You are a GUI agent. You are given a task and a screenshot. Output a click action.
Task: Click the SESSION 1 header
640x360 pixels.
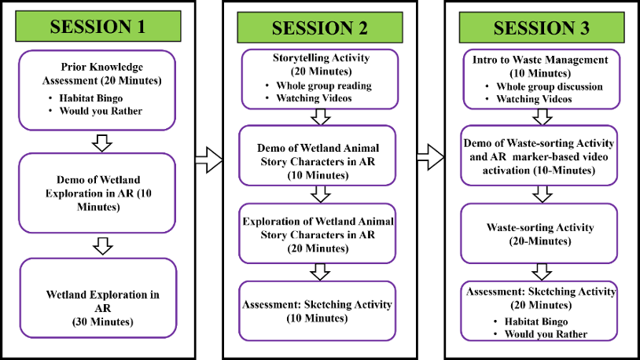(x=97, y=26)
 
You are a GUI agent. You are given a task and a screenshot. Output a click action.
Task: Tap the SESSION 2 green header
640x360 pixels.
(x=319, y=28)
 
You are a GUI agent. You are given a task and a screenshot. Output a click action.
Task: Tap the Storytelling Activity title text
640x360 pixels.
(x=318, y=64)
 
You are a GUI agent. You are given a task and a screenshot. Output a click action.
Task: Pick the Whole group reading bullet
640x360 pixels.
(x=324, y=85)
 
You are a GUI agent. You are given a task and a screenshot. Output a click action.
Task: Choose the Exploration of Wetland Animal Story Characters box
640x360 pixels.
(x=318, y=233)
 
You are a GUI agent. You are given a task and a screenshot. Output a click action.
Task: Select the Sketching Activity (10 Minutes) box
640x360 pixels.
(x=318, y=310)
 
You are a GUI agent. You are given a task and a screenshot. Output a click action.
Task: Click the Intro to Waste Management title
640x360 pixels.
(x=541, y=65)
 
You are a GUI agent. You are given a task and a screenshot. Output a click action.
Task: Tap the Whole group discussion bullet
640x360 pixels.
(x=549, y=86)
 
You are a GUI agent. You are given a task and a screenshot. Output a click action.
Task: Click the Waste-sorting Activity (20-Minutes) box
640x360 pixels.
(x=541, y=233)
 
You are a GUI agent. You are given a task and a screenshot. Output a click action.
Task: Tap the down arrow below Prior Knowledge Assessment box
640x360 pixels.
(x=102, y=142)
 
